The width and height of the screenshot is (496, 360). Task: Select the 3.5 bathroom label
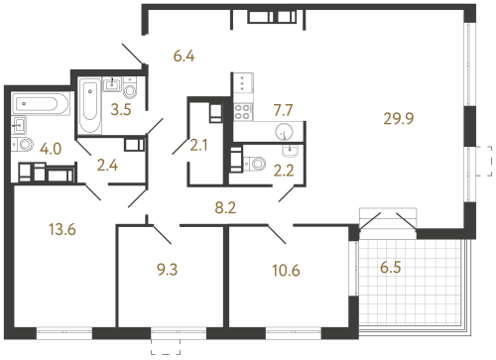[x=121, y=109]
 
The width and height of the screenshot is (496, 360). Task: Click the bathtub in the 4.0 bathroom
[x=41, y=102]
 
